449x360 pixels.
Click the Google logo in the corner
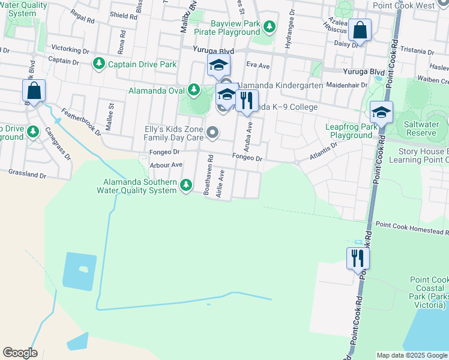20,353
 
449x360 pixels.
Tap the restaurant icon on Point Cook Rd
358,258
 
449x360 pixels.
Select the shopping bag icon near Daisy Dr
360,30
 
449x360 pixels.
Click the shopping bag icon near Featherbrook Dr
34,91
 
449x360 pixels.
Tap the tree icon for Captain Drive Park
98,63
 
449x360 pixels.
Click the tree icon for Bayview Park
270,26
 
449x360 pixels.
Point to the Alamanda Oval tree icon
193,91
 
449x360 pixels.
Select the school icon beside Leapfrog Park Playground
381,112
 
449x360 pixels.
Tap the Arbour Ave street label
167,164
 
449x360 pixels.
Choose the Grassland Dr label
27,174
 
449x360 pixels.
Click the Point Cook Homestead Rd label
412,232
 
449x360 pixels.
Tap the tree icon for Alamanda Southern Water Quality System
186,186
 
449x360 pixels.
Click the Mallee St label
111,113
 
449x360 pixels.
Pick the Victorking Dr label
70,47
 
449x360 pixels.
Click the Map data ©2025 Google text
412,355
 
